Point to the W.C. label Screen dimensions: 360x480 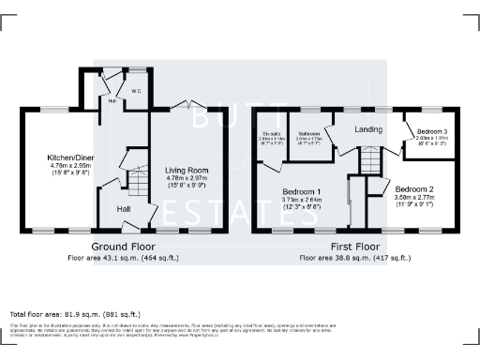click(x=136, y=92)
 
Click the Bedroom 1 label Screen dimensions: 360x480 click(x=303, y=191)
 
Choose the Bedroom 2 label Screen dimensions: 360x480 click(x=413, y=188)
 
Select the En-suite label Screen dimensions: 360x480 click(x=272, y=135)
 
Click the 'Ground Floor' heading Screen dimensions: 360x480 click(x=123, y=246)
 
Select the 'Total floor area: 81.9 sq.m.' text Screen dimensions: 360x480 click(x=74, y=312)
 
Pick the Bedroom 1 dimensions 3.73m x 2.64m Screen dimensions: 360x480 click(x=303, y=199)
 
